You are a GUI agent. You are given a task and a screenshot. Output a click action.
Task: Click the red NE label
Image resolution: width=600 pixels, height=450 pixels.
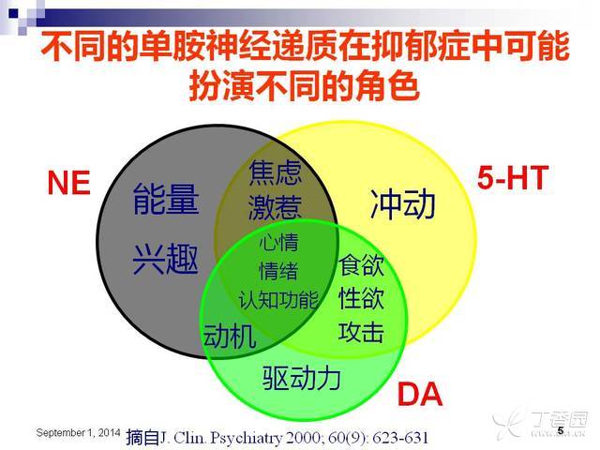click(68, 183)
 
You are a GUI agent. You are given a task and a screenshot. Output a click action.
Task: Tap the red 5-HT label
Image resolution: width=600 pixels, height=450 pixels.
click(513, 178)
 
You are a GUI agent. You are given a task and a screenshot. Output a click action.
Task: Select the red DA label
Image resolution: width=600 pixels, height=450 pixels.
click(420, 394)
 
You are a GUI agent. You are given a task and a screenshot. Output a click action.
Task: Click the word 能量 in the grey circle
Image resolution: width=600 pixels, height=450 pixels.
click(166, 199)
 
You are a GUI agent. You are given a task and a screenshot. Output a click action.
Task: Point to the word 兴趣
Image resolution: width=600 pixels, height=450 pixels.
click(166, 259)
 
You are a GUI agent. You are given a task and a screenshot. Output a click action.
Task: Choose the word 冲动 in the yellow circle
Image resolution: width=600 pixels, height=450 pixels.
click(403, 204)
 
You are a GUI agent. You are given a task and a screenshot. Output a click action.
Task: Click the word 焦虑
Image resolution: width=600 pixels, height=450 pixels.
click(275, 172)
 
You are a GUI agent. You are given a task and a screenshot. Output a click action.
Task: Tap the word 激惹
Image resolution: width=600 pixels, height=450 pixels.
click(275, 208)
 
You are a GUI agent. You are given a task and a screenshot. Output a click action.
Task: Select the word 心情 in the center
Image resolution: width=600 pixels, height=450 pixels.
click(278, 243)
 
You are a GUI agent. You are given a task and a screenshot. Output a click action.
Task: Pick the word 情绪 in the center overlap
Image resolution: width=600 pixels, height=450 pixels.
click(278, 271)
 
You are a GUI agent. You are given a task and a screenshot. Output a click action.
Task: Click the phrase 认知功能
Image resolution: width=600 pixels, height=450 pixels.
click(278, 299)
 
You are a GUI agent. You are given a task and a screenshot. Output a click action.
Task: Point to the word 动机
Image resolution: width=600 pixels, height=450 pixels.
click(229, 336)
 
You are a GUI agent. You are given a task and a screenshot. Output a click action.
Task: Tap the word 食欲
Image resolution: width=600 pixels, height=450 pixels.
click(361, 264)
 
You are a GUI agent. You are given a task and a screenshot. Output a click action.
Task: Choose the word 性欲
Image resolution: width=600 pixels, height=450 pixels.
click(361, 298)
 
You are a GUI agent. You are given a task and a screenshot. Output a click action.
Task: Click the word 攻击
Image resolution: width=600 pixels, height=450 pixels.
click(361, 331)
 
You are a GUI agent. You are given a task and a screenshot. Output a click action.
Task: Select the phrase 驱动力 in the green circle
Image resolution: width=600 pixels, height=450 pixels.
click(302, 378)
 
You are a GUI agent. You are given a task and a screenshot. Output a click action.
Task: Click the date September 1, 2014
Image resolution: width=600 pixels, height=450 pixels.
click(78, 433)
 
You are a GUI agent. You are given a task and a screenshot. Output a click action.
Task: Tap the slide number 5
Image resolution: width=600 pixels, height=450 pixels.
click(561, 430)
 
